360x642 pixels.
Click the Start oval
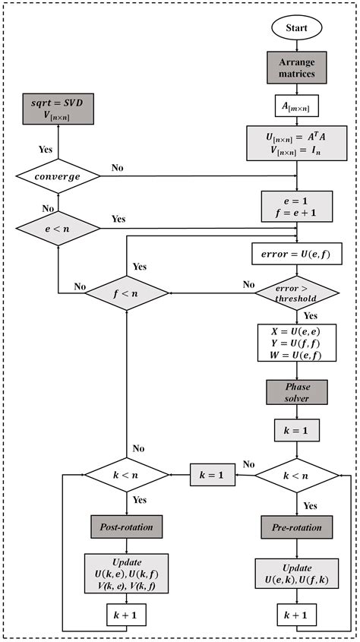click(x=297, y=29)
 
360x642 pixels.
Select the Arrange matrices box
click(x=297, y=68)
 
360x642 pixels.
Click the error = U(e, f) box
click(x=297, y=253)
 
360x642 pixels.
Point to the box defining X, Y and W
click(x=297, y=343)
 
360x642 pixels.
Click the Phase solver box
click(x=297, y=391)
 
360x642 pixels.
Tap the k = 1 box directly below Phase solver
click(x=297, y=431)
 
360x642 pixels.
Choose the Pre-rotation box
click(x=297, y=527)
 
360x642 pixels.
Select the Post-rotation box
click(x=127, y=527)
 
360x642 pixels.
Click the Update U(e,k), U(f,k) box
click(x=297, y=574)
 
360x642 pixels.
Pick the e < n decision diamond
click(x=58, y=226)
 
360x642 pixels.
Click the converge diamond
click(x=58, y=176)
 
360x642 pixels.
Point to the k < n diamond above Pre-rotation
click(x=297, y=476)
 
